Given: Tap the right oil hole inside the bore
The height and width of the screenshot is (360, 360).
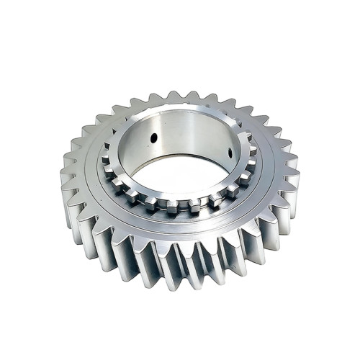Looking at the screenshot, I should pos(229,153).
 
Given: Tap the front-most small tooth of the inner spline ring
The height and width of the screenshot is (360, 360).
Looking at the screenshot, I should pos(189,207).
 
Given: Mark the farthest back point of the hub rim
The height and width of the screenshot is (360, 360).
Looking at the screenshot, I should pos(183,108).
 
